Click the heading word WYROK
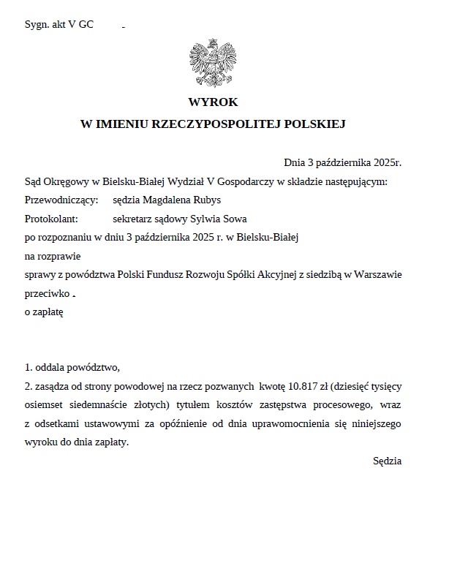point(213,102)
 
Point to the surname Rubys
point(205,200)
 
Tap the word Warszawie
point(377,275)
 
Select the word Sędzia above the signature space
point(387,461)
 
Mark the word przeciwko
point(48,294)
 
